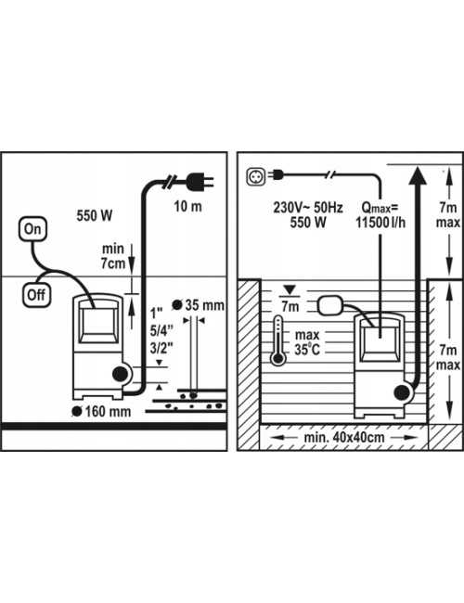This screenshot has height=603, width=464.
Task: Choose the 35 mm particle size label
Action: [x=205, y=305]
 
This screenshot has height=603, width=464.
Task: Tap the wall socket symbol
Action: [x=255, y=173]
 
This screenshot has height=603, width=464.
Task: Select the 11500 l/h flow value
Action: [x=379, y=224]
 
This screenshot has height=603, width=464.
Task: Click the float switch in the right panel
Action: [x=331, y=304]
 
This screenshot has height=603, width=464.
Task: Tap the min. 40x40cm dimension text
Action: [x=339, y=432]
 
